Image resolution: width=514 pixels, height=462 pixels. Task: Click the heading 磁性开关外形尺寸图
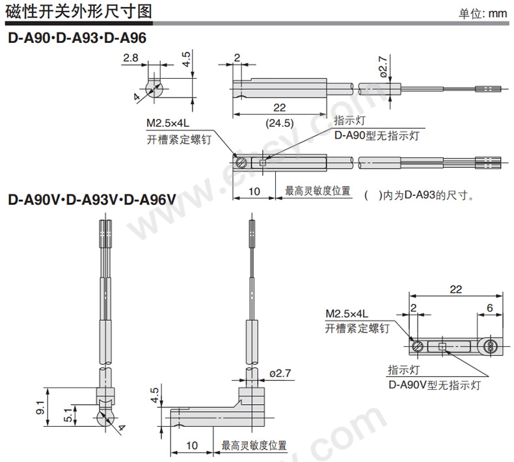[79, 12]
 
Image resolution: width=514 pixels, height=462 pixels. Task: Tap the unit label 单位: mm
[483, 14]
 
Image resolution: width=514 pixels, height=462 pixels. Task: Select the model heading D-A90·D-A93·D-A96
[77, 38]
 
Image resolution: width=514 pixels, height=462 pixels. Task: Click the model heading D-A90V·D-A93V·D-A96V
[92, 199]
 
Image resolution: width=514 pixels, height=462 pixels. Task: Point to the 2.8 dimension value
[131, 58]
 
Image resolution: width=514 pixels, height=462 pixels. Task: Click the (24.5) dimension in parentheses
[279, 123]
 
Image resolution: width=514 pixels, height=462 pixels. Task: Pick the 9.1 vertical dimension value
[40, 407]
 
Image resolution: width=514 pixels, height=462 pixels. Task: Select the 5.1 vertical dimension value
[68, 414]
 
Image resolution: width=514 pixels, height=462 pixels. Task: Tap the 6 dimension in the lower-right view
[490, 308]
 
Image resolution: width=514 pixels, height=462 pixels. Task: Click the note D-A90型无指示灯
[377, 135]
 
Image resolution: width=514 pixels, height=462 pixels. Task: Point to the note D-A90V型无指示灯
[435, 385]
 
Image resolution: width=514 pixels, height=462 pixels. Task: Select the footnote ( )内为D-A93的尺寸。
[419, 195]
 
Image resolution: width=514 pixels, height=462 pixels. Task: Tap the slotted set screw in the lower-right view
[418, 346]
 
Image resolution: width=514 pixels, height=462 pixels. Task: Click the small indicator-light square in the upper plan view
[262, 163]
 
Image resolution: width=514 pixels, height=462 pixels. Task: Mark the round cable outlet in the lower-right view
[490, 346]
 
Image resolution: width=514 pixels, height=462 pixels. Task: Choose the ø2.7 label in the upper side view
[383, 67]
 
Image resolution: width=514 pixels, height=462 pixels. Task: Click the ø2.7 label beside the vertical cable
[280, 373]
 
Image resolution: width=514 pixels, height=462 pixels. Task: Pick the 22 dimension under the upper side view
[279, 107]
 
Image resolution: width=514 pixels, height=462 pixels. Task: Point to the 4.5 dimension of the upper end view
[186, 59]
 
